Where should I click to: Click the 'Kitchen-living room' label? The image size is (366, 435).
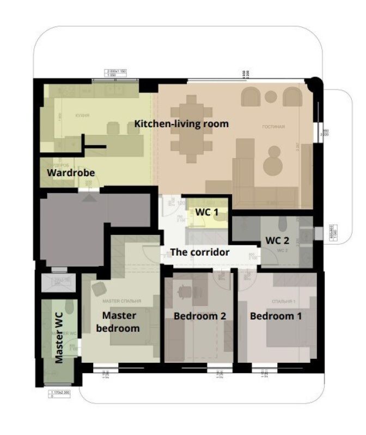tap(181, 124)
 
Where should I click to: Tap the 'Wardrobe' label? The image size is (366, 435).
tap(71, 173)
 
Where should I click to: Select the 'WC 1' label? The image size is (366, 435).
tap(208, 211)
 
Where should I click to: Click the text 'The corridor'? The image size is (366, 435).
tap(199, 252)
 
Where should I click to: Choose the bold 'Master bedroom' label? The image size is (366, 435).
tap(120, 321)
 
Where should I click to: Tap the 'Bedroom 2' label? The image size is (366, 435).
tap(199, 315)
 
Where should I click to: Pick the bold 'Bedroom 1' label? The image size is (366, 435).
tap(276, 315)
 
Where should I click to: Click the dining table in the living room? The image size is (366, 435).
tap(191, 129)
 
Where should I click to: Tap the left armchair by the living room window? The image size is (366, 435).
tap(251, 97)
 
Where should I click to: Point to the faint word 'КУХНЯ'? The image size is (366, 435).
tap(82, 115)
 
